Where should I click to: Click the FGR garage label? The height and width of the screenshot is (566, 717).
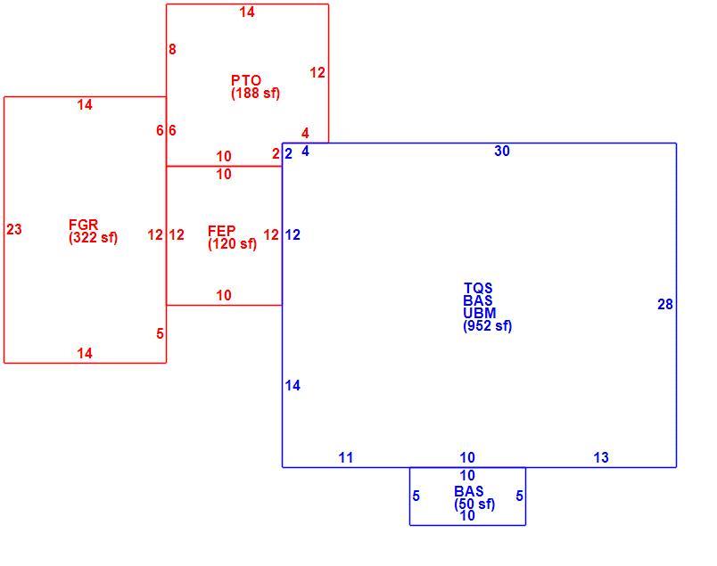83,225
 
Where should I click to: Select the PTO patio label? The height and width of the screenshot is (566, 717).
246,80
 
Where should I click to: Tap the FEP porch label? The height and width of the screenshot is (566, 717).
222,231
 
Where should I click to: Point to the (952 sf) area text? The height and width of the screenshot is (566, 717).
488,326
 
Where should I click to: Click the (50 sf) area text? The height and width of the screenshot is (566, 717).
474,504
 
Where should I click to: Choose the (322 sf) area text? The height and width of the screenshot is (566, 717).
94,238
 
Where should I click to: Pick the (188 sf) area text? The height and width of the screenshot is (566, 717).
256,94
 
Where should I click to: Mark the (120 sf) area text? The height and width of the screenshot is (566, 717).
232,243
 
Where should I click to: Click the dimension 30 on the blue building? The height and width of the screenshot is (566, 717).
502,152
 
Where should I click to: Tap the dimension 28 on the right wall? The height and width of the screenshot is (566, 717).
665,305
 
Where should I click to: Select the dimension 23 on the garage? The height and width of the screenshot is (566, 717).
14,229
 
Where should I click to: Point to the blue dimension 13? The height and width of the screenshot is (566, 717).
601,457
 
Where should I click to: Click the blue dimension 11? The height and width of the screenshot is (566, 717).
346,457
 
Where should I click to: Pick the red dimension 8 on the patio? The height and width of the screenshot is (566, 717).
172,49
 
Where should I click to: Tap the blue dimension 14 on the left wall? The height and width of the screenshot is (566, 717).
293,385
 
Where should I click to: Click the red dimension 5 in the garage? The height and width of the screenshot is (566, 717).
160,333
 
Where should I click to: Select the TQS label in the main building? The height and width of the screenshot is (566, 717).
478,288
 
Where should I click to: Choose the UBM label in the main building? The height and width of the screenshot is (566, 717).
479,313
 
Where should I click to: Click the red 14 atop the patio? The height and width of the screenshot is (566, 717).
247,12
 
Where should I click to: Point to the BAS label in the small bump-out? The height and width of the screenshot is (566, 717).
469,491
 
